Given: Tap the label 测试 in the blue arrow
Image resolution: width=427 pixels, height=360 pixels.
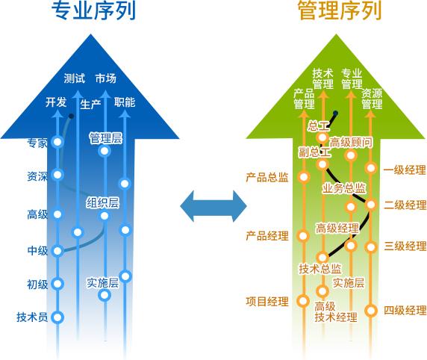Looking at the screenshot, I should click(x=74, y=78).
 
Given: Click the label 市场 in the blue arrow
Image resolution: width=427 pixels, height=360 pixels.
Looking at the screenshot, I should click(x=105, y=78).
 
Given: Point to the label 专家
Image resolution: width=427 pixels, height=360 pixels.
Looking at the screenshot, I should click(x=37, y=143).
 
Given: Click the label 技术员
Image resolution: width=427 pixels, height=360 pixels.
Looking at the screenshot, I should click(x=32, y=317).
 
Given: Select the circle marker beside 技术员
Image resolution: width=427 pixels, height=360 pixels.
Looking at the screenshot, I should click(x=58, y=317).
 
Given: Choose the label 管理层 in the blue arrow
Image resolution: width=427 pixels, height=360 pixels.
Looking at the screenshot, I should click(x=105, y=138).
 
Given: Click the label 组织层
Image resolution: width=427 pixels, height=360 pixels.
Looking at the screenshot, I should click(x=103, y=202).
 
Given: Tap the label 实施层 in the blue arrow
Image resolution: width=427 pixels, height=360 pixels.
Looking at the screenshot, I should click(x=103, y=282).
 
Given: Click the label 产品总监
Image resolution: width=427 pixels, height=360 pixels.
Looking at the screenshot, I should click(x=267, y=178).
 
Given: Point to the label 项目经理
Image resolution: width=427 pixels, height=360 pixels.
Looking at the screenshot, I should click(x=267, y=302).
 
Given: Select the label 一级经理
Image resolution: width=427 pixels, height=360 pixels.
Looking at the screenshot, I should click(x=404, y=170).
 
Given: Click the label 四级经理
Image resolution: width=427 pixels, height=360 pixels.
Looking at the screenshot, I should click(x=405, y=310).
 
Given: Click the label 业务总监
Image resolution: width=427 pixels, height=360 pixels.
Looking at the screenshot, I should click(x=344, y=187).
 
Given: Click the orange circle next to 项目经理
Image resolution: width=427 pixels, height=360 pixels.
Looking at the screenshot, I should click(x=302, y=302).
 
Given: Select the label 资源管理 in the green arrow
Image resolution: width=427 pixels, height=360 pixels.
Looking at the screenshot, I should click(x=372, y=99).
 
